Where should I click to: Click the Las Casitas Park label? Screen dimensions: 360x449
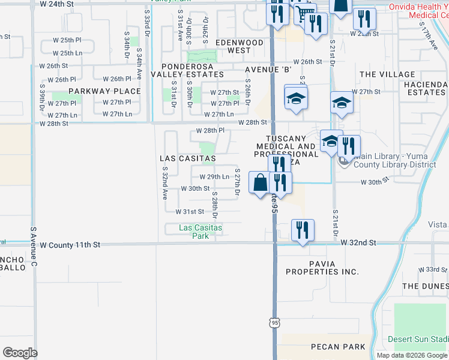tap(200, 232)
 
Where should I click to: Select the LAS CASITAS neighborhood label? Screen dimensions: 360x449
tap(187, 158)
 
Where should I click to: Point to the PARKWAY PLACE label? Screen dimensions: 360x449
tap(104, 91)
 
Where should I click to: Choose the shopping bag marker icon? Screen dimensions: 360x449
tap(259, 182)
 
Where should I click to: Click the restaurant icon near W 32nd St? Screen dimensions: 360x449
tap(301, 230)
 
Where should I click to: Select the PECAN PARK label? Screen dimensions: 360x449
tap(338, 347)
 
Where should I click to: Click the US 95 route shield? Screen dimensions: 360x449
tap(274, 323)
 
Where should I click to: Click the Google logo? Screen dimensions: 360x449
tap(20, 353)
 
